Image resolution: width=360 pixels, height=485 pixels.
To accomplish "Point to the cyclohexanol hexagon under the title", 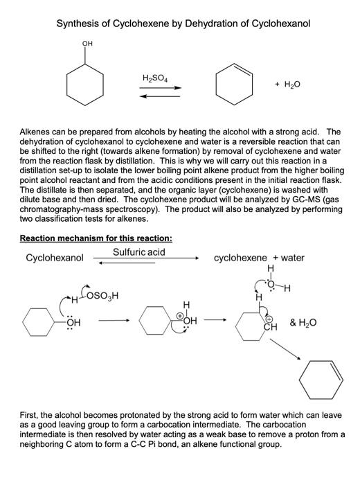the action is (x=87, y=85).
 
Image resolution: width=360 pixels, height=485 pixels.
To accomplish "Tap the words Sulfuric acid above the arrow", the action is (x=138, y=252).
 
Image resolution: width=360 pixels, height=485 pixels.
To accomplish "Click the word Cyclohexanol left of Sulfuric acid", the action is (x=55, y=258).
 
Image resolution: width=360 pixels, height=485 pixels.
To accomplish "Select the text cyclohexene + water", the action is (x=259, y=258).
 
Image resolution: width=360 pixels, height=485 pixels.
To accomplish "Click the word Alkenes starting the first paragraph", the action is (x=37, y=131).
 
